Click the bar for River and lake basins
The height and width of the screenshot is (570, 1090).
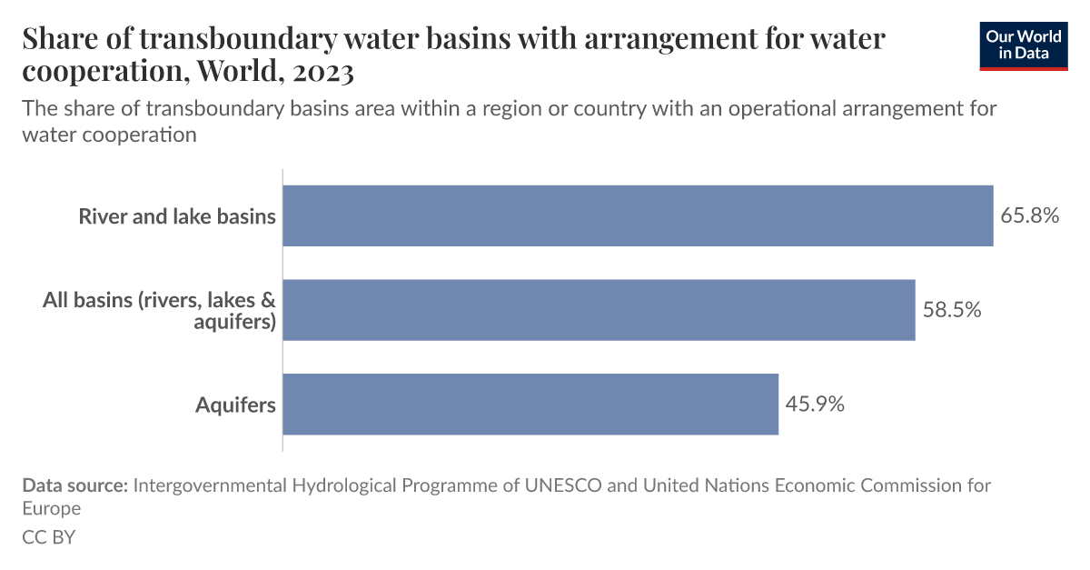(638, 215)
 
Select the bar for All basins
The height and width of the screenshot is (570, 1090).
(599, 310)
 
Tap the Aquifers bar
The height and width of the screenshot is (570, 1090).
(530, 404)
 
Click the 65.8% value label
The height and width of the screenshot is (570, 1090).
(1030, 215)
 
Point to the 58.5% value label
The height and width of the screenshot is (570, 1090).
(952, 310)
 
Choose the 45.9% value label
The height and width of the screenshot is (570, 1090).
(815, 404)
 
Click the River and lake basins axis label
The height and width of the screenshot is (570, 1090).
(177, 216)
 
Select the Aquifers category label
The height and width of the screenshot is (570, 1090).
(235, 405)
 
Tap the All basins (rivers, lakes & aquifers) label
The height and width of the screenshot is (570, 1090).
(159, 310)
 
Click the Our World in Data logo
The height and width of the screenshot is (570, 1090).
(1024, 45)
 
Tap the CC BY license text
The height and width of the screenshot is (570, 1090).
(48, 536)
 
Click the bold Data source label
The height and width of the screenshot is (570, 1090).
(74, 485)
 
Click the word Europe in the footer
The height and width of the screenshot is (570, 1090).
(52, 508)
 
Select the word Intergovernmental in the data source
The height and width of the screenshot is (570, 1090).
(210, 485)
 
